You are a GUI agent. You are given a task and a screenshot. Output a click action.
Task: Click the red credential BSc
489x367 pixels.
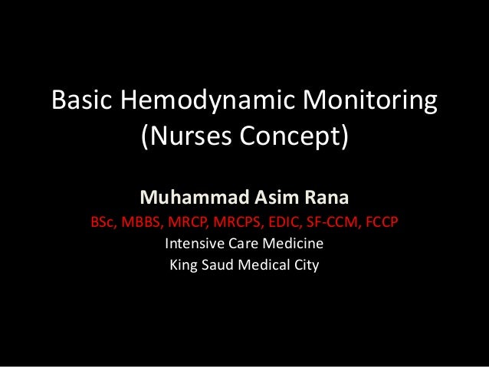[x=104, y=223]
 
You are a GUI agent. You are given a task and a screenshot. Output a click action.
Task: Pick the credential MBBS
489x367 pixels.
[x=143, y=223]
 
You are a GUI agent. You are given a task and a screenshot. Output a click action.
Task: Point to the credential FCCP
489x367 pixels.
[x=384, y=223]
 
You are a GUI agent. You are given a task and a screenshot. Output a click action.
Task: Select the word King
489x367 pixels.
[x=184, y=267]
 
